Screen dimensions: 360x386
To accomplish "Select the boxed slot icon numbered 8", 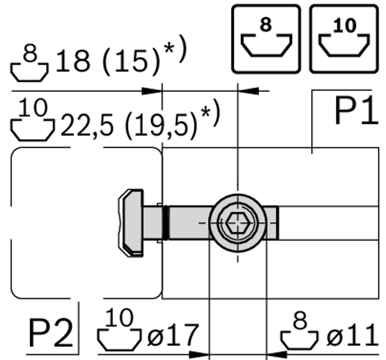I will tap(266, 39).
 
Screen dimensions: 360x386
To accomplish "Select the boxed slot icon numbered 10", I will tap(344, 39).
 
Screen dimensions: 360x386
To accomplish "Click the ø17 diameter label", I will tap(172, 335).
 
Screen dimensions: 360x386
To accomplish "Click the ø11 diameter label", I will tap(352, 335).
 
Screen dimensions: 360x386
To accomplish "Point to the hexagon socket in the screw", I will tap(238, 223).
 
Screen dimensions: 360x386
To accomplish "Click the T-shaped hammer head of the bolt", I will tap(131, 223).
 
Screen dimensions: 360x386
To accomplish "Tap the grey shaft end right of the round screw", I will tap(272, 223).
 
